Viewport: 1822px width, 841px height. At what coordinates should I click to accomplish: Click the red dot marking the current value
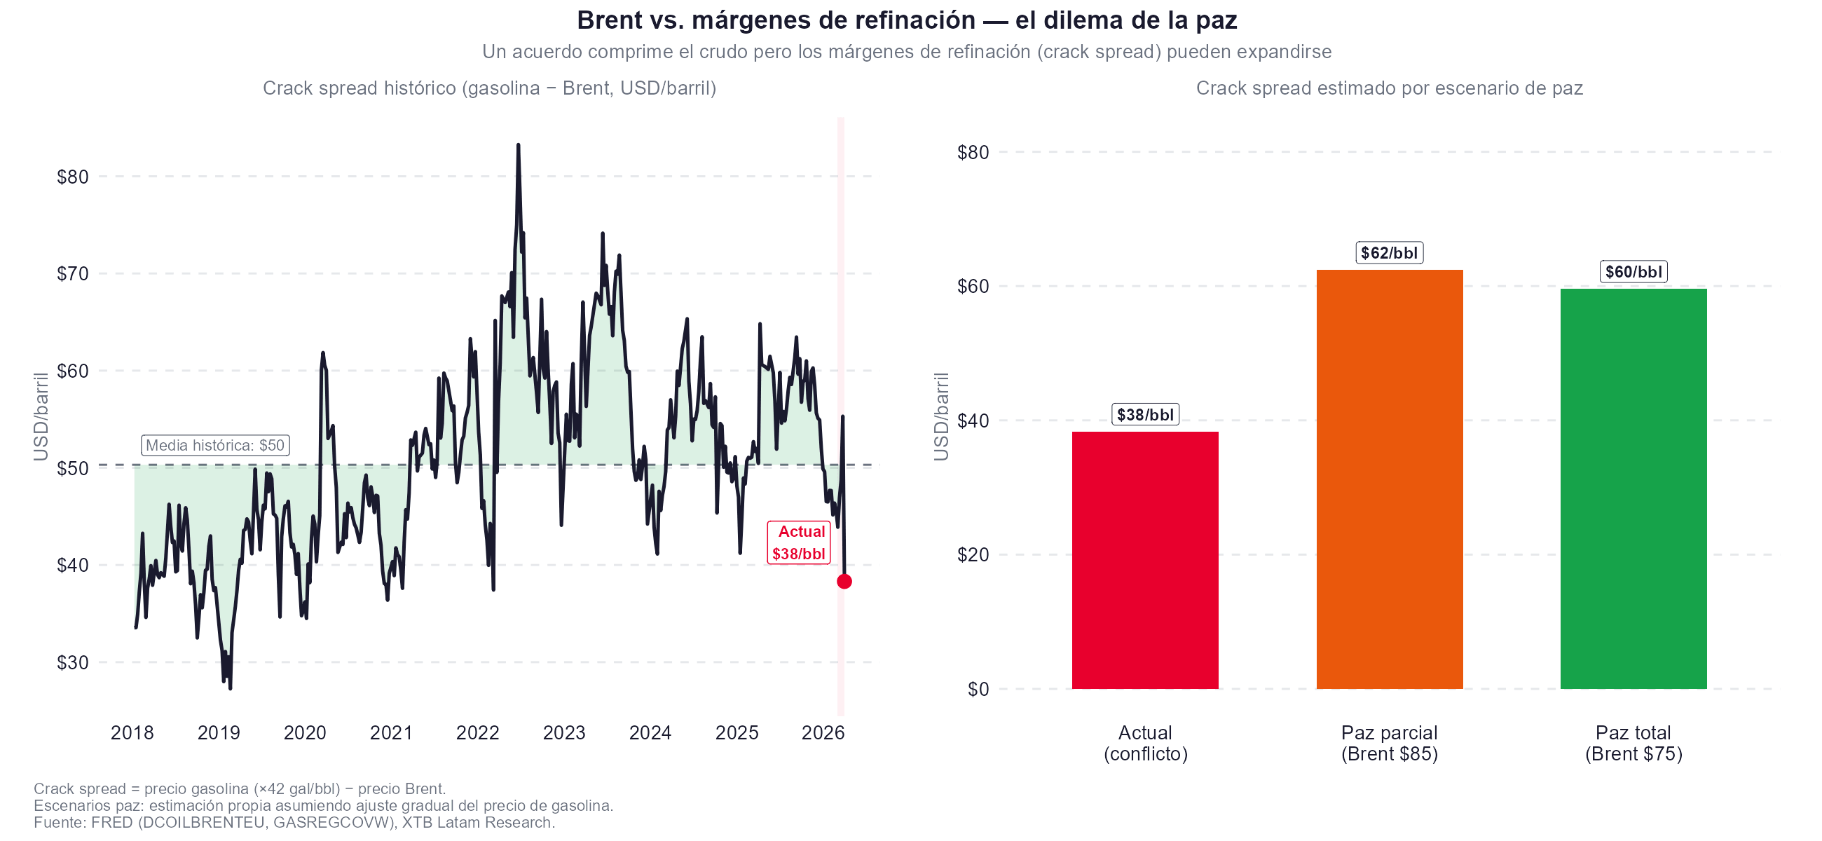[x=844, y=582]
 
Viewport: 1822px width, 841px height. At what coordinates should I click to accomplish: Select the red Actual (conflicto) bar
[x=1145, y=560]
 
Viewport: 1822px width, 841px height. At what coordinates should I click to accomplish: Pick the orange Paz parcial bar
[x=1389, y=479]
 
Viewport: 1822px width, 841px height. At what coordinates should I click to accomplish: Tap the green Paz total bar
[x=1633, y=488]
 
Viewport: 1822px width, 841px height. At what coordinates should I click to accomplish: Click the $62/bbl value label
[x=1389, y=253]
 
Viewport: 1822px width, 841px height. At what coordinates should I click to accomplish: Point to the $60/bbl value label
[x=1633, y=273]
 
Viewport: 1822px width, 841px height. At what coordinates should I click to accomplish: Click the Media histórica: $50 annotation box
[x=215, y=446]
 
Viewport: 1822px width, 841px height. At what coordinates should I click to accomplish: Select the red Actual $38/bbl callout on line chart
[x=799, y=542]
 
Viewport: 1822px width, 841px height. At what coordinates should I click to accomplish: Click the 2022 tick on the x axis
[x=477, y=733]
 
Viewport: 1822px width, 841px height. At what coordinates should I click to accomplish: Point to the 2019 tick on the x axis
[x=219, y=733]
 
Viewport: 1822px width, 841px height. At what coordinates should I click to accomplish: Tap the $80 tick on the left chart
[x=73, y=177]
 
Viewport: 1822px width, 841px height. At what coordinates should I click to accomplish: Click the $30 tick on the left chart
[x=73, y=663]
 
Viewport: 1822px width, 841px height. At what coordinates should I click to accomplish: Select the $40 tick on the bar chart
[x=973, y=421]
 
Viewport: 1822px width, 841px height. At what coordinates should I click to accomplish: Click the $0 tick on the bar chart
[x=978, y=689]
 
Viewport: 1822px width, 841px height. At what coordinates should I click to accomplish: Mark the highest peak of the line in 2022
[x=518, y=145]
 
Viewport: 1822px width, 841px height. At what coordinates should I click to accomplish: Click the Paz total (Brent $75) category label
[x=1633, y=744]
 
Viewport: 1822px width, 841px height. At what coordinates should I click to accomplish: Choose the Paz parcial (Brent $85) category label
[x=1389, y=744]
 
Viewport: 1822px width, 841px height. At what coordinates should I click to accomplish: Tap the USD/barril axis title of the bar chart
[x=941, y=417]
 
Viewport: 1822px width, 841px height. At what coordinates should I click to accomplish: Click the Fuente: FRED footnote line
[x=294, y=823]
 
